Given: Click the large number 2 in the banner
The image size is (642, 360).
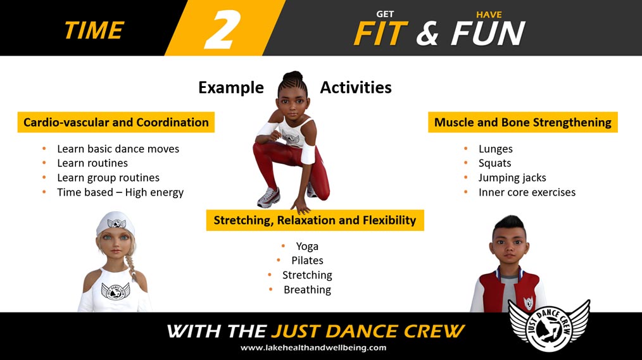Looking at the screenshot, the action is (222, 30).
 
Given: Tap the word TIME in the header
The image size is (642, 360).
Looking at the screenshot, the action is (94, 30).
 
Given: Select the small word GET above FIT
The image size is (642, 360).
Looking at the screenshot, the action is (385, 15).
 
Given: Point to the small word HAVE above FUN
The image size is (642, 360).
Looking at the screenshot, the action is (489, 15).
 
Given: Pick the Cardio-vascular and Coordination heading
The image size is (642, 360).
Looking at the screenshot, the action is (116, 122).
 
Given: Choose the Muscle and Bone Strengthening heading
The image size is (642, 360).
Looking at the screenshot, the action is (523, 122).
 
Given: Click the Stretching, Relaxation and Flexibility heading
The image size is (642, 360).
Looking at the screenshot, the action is (315, 220).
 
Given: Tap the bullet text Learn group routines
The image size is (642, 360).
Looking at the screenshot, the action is (108, 178).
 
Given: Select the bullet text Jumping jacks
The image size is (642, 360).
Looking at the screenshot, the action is (512, 178).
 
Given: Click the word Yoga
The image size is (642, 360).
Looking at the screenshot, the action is (307, 246).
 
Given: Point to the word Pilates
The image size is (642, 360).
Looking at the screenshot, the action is (307, 261).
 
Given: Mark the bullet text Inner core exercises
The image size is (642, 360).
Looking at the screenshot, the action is (527, 192).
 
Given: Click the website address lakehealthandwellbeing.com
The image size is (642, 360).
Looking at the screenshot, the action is (313, 348).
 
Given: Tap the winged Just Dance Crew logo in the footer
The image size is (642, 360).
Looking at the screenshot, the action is (549, 325).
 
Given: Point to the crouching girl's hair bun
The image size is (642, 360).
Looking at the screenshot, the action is (293, 76).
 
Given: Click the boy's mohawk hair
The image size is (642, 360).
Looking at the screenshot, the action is (510, 225).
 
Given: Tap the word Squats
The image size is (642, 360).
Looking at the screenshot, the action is (494, 163).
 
